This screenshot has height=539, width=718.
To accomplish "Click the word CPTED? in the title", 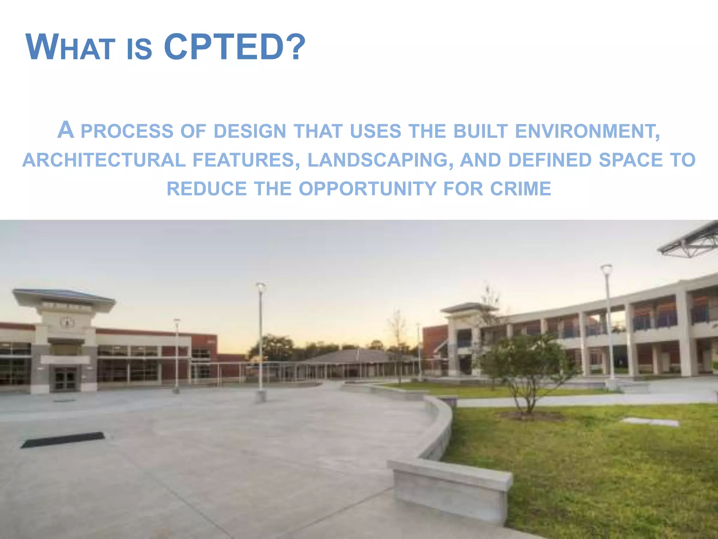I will (x=234, y=47).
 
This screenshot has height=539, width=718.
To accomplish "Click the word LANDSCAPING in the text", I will (x=378, y=160).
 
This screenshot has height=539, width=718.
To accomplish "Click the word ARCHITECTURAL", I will (x=104, y=160).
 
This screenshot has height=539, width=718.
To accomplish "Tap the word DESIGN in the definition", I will (x=250, y=131).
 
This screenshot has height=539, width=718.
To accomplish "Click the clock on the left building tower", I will (x=67, y=322).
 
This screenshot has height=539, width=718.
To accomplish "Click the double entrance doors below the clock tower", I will (x=66, y=379).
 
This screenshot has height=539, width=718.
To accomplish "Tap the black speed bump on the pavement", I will (x=63, y=440).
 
